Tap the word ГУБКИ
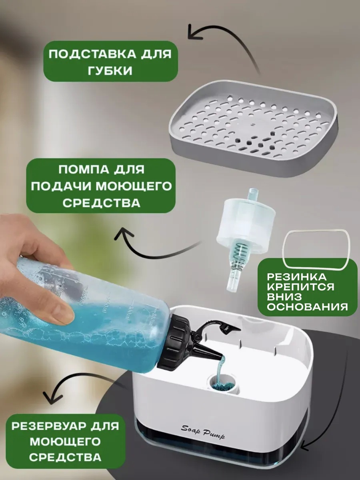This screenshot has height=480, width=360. pos(110,71)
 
